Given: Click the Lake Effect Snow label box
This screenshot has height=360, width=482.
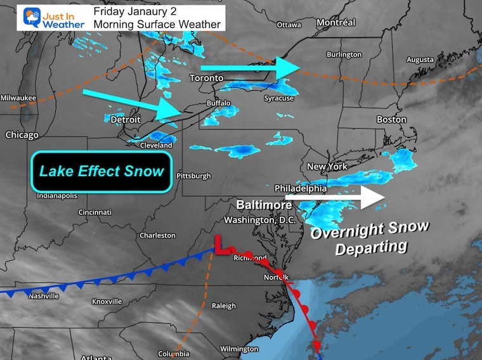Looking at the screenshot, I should [101, 172].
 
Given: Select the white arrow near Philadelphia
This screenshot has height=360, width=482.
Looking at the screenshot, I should [335, 197].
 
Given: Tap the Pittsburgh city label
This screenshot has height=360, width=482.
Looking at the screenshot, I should [193, 176].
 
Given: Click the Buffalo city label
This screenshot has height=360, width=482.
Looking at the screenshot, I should [218, 103].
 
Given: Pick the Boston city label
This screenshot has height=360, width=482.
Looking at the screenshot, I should [391, 119].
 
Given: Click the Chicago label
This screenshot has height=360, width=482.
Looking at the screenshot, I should [22, 135].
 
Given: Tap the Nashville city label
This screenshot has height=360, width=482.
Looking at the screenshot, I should [44, 296].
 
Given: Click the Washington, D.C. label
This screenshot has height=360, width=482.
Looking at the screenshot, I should [260, 220].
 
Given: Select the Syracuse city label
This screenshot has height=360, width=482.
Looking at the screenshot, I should [279, 98].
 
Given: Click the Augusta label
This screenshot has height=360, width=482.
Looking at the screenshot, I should [420, 60].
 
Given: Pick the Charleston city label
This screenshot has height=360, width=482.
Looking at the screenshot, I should [157, 235].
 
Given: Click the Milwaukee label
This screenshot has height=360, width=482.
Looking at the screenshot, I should [18, 98].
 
